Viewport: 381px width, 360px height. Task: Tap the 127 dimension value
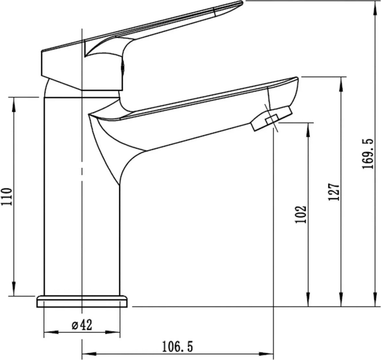334,192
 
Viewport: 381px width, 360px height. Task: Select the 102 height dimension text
301,214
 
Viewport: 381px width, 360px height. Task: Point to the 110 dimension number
6,197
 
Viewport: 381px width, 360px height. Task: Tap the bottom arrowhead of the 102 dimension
309,300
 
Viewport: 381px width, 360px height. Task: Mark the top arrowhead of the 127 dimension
342,84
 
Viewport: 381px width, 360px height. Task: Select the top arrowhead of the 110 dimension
14,104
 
